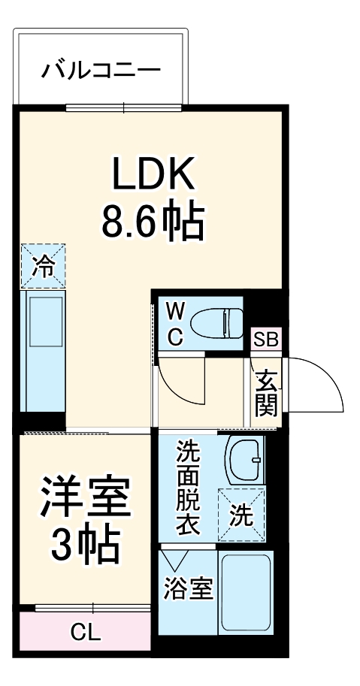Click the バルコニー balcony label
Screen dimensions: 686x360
pyautogui.click(x=101, y=71)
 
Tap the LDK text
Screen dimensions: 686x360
pyautogui.click(x=154, y=174)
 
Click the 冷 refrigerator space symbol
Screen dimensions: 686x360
pyautogui.click(x=43, y=265)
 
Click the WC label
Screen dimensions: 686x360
pyautogui.click(x=174, y=324)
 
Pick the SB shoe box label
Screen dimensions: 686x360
pyautogui.click(x=265, y=339)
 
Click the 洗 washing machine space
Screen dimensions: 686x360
pyautogui.click(x=241, y=515)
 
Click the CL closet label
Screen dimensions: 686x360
pyautogui.click(x=86, y=632)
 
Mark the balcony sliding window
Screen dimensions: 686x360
pyautogui.click(x=123, y=107)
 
